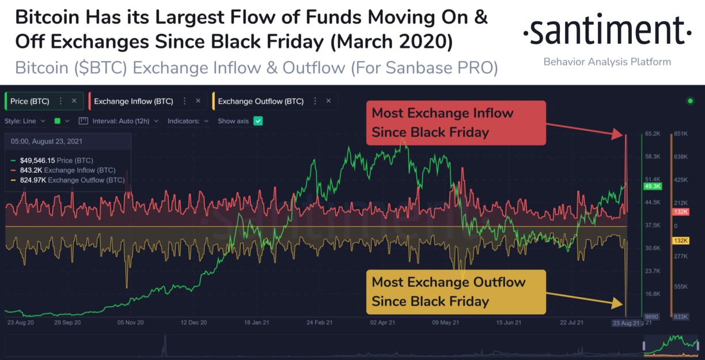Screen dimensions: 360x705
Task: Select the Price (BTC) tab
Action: pos(30,101)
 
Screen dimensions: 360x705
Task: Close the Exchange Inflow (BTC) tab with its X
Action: pos(198,101)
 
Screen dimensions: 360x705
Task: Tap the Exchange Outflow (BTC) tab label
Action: pos(260,101)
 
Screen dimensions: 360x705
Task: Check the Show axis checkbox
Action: pos(258,121)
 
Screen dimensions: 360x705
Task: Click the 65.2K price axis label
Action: pos(653,134)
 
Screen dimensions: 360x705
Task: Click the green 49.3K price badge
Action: pos(653,187)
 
